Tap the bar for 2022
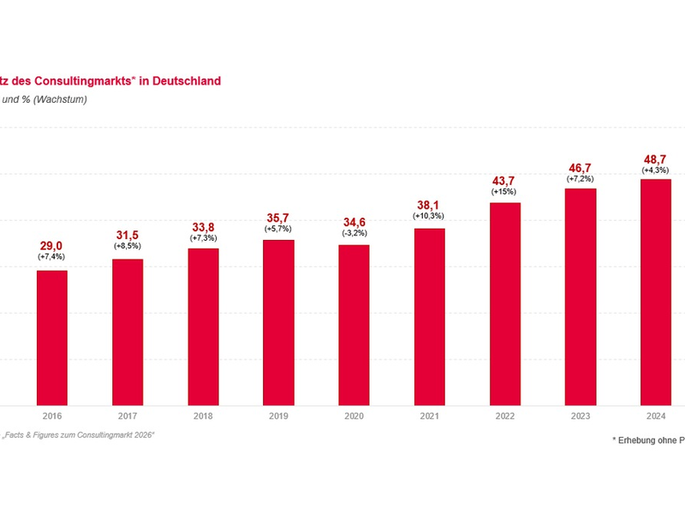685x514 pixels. coord(504,303)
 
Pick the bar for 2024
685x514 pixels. coord(656,291)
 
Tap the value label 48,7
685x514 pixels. coord(656,160)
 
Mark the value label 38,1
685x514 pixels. coord(429,205)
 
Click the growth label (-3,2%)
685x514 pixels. coord(354,232)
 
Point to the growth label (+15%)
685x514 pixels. coord(504,192)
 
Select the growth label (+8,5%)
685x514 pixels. coord(128,246)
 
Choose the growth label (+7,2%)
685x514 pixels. coord(581,179)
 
